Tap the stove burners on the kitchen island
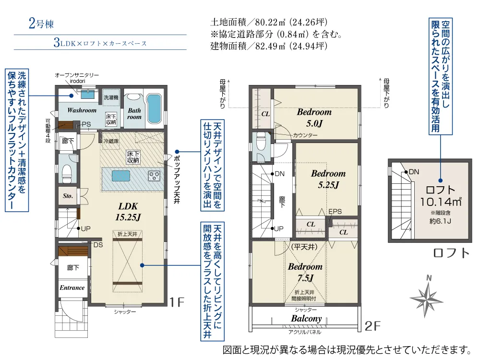pos(154,176)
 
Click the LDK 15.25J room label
pos(128,212)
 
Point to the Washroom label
pos(82,110)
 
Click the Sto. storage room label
pos(68,196)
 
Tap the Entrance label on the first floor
pos(72,288)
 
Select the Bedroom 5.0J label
pos(314,118)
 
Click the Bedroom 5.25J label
pos(328,179)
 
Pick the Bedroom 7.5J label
pos(305,272)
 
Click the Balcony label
pos(306,319)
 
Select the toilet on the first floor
pos(67,173)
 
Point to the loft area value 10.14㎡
pos(441,202)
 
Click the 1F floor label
pos(177,302)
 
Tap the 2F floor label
pos(372,326)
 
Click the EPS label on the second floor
pos(335,212)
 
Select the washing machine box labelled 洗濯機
pos(111,97)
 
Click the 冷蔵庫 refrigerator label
pos(111,141)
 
